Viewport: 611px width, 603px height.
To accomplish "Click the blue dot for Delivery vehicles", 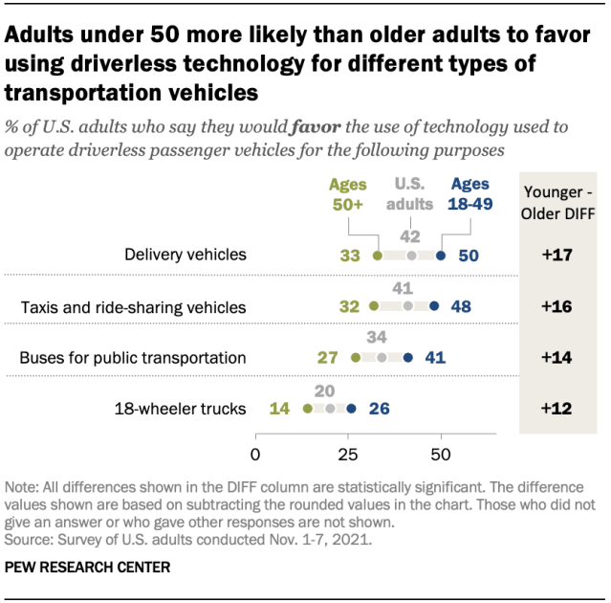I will point(441,256).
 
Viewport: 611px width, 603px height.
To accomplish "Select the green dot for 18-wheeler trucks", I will point(307,409).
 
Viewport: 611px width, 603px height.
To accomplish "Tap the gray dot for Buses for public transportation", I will point(382,358).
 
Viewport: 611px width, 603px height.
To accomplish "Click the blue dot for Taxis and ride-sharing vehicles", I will point(434,306).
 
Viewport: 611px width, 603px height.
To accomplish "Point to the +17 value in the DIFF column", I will point(558,256).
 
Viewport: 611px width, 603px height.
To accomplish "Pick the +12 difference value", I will point(558,409).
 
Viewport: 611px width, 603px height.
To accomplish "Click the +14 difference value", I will point(558,358).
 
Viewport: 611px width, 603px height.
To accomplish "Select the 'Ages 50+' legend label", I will point(348,194).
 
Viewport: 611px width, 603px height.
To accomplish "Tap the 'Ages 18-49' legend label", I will point(469,194).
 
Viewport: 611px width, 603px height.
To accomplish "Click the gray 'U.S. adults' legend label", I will point(409,194).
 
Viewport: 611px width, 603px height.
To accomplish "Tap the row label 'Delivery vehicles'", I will point(185,256).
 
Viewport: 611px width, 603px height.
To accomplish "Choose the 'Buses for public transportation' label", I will point(134,358).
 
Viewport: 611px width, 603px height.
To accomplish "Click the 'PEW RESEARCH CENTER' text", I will point(88,568).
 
